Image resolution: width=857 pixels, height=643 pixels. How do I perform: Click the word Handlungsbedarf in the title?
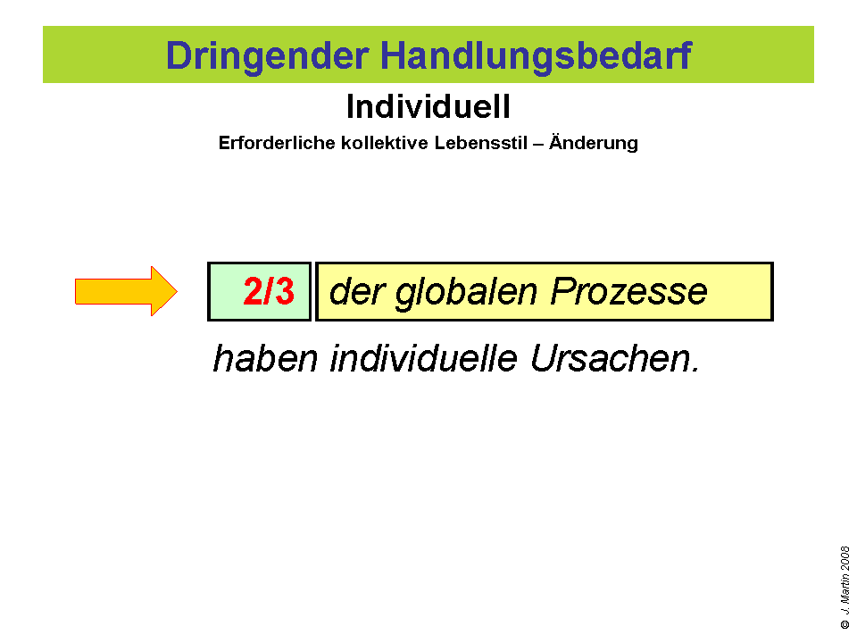pos(537,55)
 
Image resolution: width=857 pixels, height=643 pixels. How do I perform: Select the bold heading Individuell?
pos(428,106)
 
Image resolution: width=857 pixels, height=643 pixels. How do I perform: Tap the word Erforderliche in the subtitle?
pos(277,143)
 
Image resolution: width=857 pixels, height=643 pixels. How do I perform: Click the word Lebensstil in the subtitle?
pos(481,143)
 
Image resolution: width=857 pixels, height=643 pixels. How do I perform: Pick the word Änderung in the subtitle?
pos(594,142)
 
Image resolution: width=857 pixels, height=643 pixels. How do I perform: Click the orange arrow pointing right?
pos(126,291)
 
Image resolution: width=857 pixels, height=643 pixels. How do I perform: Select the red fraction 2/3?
pos(269,291)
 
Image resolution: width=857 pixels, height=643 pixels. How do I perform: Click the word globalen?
pos(466,293)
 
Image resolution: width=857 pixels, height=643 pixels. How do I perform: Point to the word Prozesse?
pos(628,291)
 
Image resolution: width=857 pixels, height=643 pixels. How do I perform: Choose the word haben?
pos(265,359)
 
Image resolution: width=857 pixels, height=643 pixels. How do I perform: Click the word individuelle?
pos(423,359)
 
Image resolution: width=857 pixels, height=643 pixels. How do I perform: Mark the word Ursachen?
pos(615,359)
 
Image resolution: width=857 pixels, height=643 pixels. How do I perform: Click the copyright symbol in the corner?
pos(845,624)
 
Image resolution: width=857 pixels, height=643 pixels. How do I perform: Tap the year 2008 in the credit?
pos(845,558)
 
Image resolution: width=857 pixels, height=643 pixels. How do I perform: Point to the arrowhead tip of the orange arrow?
pos(177,291)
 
